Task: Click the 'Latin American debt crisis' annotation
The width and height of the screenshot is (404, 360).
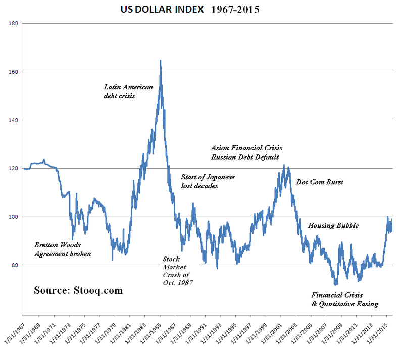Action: tap(128, 91)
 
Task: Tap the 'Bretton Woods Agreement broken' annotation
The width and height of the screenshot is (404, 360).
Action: tap(63, 249)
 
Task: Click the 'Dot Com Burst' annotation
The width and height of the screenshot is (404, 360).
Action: tap(320, 182)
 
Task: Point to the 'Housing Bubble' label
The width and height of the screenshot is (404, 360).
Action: tap(333, 225)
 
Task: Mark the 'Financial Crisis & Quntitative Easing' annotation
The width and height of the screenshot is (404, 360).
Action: tap(344, 299)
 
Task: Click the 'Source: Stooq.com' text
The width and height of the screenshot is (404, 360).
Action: tap(78, 291)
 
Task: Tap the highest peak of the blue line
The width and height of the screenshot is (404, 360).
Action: tap(161, 61)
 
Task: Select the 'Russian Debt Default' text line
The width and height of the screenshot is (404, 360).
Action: tap(245, 157)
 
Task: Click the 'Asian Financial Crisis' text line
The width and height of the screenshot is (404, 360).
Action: tap(246, 148)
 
